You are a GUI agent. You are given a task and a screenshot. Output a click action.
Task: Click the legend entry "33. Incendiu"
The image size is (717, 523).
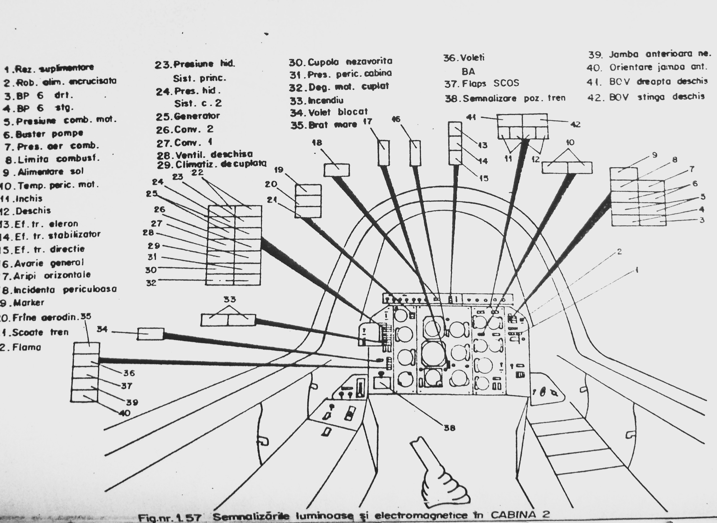tap(316, 101)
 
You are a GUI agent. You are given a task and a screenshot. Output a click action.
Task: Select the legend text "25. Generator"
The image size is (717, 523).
tap(187, 116)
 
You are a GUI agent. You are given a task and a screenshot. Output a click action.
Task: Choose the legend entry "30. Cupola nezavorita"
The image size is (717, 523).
tap(341, 62)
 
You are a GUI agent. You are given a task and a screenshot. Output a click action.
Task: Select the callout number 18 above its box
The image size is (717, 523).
tap(317, 143)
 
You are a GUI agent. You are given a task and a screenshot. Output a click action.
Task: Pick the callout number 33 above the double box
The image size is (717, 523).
tap(230, 299)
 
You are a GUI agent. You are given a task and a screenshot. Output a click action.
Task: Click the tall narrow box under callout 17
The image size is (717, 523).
tap(384, 153)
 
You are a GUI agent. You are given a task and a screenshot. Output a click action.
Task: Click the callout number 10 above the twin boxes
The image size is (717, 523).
tap(570, 143)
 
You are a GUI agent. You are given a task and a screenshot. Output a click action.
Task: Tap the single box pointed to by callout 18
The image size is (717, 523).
tap(337, 170)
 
